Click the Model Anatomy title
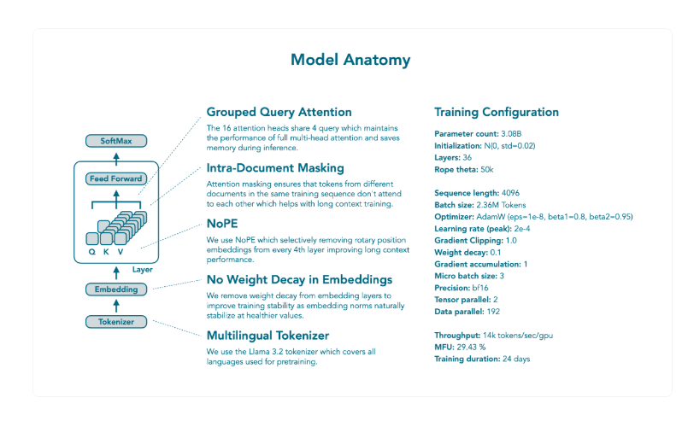350,60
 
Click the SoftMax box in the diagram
116,140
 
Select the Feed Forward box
115,178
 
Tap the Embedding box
116,289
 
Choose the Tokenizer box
116,322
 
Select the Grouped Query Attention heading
279,112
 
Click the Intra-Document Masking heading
275,167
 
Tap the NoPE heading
223,223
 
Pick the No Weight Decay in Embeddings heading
299,279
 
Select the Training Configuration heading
497,112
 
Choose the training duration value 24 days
515,359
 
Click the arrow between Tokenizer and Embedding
116,306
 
